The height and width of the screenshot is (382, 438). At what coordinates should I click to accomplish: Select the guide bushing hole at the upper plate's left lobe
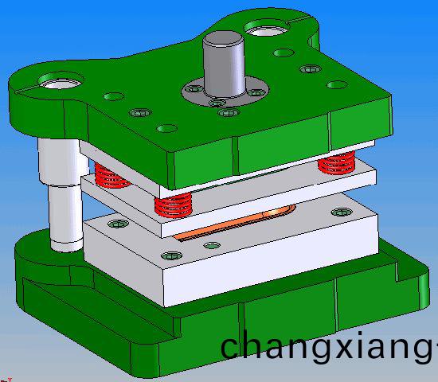coord(58,81)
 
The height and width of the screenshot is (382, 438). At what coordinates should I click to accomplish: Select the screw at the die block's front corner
coord(171,256)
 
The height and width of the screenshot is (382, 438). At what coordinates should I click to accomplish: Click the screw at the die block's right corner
coord(342,212)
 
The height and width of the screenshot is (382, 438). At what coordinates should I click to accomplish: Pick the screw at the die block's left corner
coord(118,224)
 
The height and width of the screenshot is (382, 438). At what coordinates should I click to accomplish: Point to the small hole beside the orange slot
coord(210,244)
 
